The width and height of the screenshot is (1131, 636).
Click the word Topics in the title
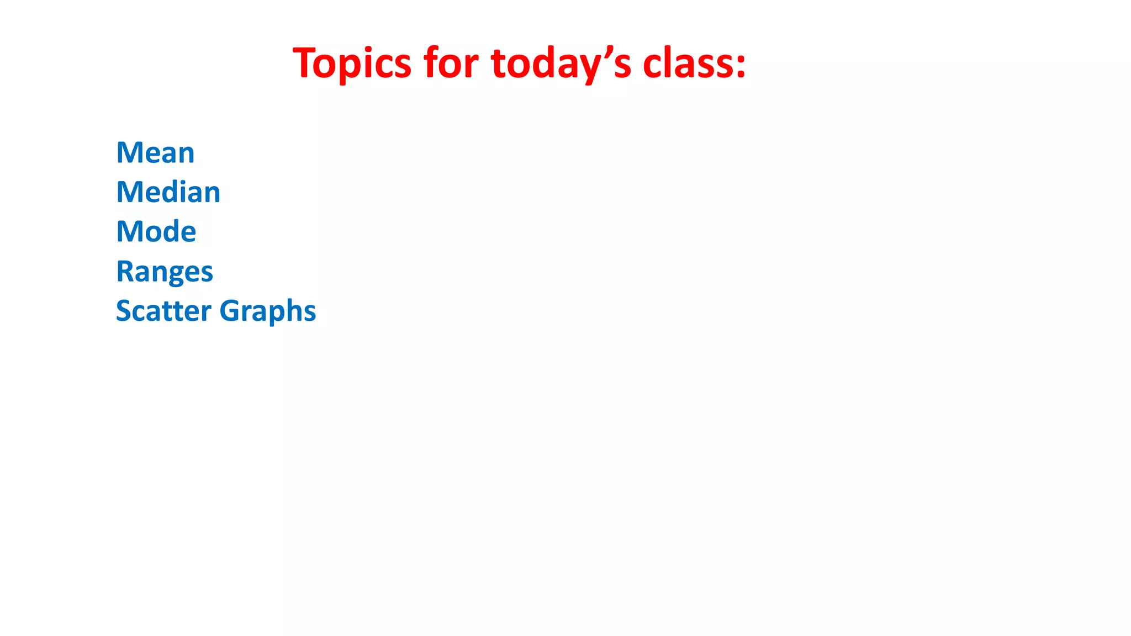[352, 63]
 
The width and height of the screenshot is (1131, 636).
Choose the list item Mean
[155, 152]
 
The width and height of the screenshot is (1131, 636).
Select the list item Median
[168, 192]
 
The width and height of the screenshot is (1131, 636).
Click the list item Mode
[156, 231]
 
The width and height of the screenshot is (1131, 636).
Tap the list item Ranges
[164, 272]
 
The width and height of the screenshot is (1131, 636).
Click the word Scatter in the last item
[163, 310]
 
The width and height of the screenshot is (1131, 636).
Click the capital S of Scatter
[123, 310]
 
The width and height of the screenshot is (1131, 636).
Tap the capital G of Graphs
[229, 310]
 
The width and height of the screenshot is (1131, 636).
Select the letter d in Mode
[171, 231]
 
